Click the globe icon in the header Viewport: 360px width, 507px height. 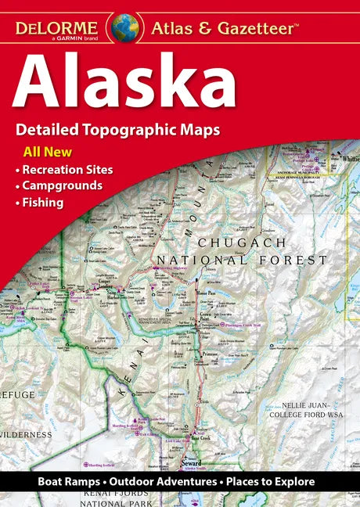pyautogui.click(x=124, y=27)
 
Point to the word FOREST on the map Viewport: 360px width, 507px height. pyautogui.click(x=297, y=261)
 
